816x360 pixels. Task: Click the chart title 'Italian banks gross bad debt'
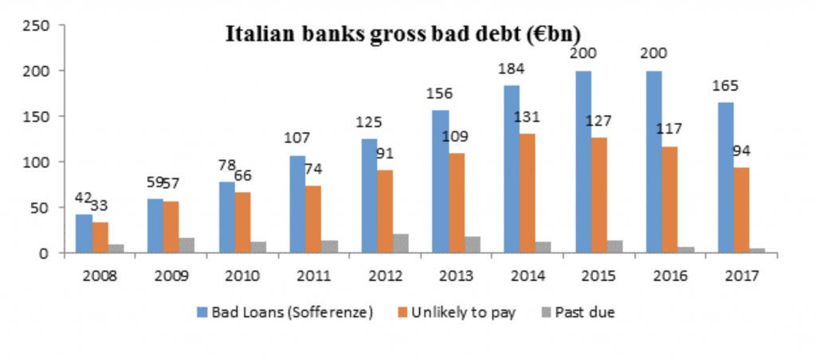pos(403,34)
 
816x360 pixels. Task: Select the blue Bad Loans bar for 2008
pos(84,233)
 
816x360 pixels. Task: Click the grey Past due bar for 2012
pos(401,244)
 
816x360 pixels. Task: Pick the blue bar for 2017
pos(725,178)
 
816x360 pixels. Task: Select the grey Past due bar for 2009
pos(186,245)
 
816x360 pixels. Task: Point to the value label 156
pos(440,94)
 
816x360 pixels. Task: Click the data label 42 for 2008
pos(83,198)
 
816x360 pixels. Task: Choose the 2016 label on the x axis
pos(670,276)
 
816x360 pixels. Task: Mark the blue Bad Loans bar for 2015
pos(583,162)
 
